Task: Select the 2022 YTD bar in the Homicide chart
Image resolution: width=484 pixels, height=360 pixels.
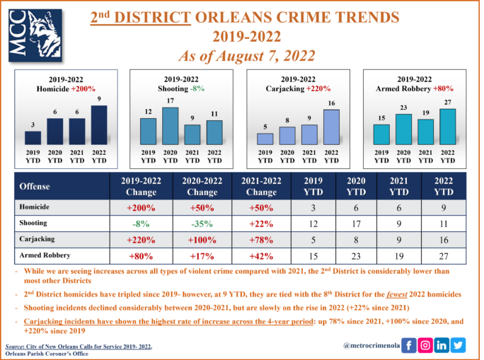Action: pos(100,125)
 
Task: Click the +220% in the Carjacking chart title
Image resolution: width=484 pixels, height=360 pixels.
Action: pos(318,89)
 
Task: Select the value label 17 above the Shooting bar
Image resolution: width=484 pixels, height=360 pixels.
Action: pos(170,102)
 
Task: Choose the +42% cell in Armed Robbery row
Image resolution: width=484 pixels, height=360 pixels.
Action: pos(263,255)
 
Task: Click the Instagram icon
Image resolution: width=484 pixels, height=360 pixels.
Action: pos(425,345)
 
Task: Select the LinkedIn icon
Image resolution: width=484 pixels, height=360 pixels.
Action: pos(442,345)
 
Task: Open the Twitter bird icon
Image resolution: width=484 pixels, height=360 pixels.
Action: pos(459,345)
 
